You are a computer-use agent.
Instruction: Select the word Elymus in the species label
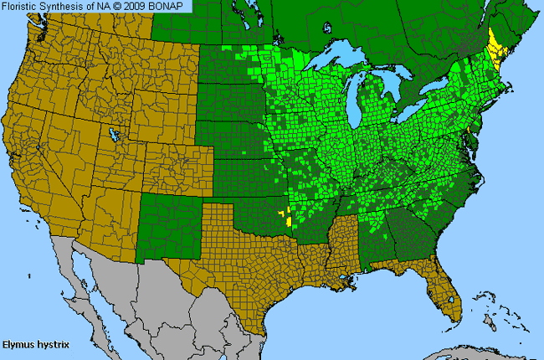pos(18,343)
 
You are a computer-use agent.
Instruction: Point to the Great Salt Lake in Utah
pos(111,134)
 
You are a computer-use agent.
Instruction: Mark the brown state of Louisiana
pos(320,268)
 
